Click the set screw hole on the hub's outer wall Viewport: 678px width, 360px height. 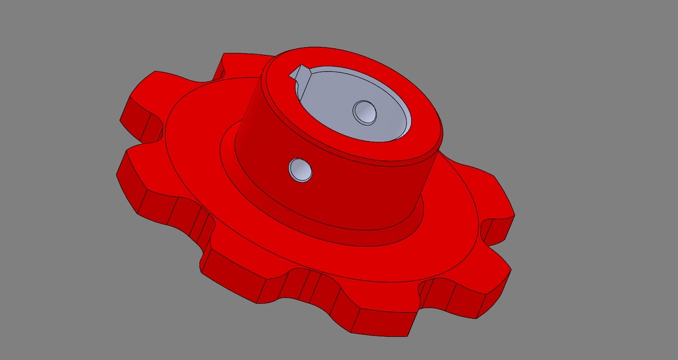tap(300, 169)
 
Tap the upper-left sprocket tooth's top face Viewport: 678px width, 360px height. tap(156, 93)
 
